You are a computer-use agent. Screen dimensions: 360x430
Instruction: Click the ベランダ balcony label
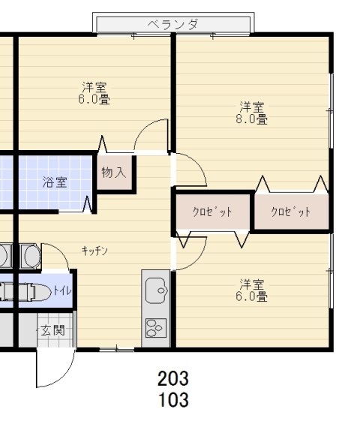point(173,25)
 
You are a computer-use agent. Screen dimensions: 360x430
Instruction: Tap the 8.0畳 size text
point(251,119)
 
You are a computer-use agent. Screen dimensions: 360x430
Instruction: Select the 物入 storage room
point(114,173)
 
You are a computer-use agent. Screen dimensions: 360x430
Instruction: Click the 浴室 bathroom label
point(55,182)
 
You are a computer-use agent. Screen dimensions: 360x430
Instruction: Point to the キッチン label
point(94,251)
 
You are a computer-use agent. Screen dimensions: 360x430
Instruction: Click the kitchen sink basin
point(156,290)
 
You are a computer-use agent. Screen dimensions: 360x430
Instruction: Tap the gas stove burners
point(156,328)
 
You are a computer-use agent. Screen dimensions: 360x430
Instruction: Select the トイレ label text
point(62,290)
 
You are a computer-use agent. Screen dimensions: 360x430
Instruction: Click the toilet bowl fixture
point(35,292)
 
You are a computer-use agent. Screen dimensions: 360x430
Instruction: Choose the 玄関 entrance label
point(53,330)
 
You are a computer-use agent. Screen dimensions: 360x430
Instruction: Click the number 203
point(173,378)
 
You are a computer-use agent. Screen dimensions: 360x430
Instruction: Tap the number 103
point(173,399)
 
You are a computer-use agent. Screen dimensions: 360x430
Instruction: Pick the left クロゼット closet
point(212,212)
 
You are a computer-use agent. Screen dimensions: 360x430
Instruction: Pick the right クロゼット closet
point(291,212)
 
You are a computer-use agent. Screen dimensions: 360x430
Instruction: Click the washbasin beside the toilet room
point(31,256)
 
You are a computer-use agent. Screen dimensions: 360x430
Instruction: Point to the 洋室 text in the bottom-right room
point(251,284)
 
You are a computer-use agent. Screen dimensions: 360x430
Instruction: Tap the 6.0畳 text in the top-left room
point(94,99)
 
